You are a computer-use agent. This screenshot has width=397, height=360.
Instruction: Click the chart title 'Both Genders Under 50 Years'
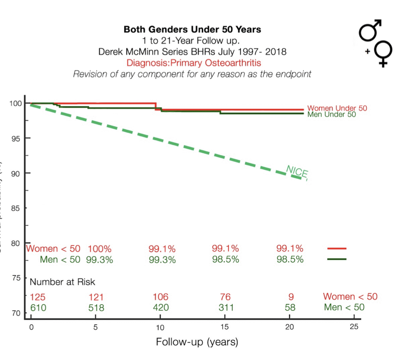coord(192,29)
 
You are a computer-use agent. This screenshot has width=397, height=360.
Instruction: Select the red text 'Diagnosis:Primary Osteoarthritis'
coord(192,63)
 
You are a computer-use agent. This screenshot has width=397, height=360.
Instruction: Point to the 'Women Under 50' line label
coord(337,108)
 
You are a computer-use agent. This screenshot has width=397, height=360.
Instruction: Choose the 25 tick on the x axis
coord(354,327)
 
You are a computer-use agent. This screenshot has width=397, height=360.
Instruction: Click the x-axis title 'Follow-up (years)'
coord(197,342)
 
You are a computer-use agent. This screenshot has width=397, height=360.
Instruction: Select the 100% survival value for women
coord(100,249)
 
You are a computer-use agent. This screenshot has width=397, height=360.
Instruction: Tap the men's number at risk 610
coord(38,308)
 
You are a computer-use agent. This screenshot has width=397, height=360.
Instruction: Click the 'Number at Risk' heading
coord(62,282)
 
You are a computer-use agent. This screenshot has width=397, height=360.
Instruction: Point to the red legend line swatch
coord(337,249)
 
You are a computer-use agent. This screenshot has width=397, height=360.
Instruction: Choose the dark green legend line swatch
coord(337,259)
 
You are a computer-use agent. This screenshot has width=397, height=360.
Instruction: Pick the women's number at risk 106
coord(161,297)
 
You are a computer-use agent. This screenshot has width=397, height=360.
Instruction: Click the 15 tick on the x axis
coord(224,327)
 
